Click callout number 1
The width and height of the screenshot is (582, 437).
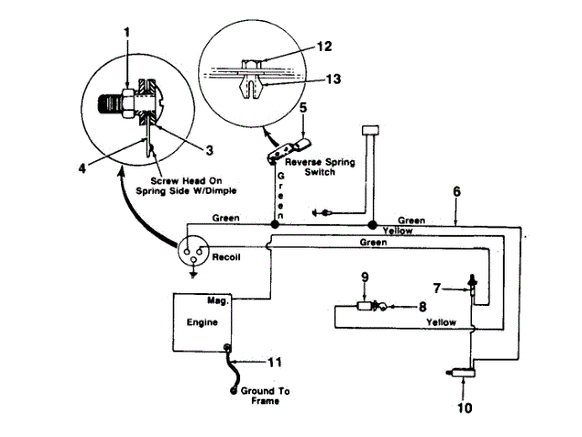click(x=126, y=33)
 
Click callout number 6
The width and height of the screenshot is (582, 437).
click(x=456, y=193)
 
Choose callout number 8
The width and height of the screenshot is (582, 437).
click(x=421, y=307)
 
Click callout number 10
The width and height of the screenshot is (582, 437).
click(x=465, y=409)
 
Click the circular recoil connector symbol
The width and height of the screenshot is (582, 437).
click(x=192, y=250)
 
